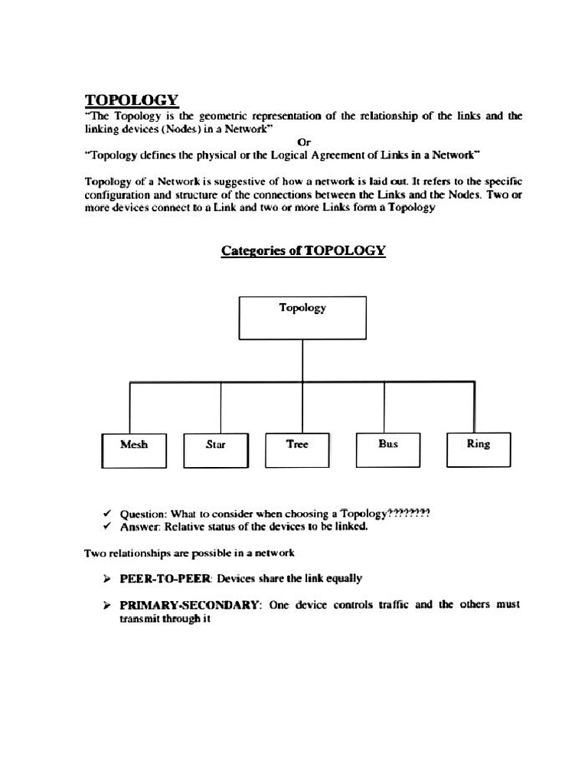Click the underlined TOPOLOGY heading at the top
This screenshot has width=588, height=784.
click(131, 100)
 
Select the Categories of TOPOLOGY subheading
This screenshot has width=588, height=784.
click(303, 250)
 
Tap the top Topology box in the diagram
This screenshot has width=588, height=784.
click(302, 317)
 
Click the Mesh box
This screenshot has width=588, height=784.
click(134, 450)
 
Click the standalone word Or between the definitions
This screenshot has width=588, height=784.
click(303, 142)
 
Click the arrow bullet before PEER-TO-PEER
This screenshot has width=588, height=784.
click(107, 579)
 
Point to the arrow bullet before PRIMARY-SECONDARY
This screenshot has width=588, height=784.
click(107, 605)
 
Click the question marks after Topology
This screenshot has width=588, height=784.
click(410, 513)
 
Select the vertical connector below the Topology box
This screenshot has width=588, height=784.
click(302, 361)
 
